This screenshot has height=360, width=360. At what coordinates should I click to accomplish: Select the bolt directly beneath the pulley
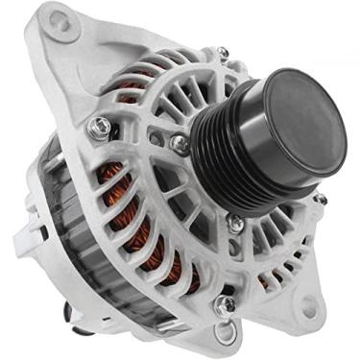coord(235,223)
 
